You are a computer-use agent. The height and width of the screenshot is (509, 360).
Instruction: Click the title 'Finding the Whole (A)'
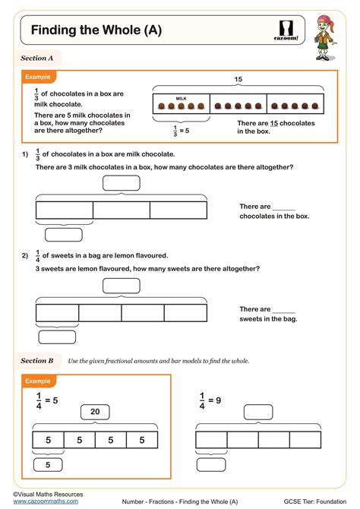pyautogui.click(x=96, y=30)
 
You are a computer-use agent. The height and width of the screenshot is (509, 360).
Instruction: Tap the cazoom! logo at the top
pyautogui.click(x=286, y=28)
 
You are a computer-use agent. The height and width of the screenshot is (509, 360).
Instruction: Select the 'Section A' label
pyautogui.click(x=37, y=58)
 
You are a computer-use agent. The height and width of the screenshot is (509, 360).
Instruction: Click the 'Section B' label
pyautogui.click(x=37, y=361)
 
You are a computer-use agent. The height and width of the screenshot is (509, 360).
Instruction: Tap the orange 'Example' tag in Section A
pyautogui.click(x=37, y=77)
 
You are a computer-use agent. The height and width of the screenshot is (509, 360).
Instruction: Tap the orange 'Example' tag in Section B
pyautogui.click(x=37, y=380)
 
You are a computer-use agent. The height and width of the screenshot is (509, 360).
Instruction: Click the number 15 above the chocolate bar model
pyautogui.click(x=237, y=80)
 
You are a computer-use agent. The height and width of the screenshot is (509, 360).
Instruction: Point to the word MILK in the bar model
pyautogui.click(x=181, y=98)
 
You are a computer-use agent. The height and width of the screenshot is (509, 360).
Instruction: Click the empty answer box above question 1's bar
pyautogui.click(x=122, y=182)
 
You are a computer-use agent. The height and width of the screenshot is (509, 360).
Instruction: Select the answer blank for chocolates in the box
pyautogui.click(x=283, y=207)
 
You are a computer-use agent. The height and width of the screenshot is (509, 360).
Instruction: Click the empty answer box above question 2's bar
pyautogui.click(x=122, y=286)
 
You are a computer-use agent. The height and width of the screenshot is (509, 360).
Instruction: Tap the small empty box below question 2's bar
pyautogui.click(x=57, y=337)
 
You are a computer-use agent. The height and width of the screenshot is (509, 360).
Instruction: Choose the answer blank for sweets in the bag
pyautogui.click(x=283, y=309)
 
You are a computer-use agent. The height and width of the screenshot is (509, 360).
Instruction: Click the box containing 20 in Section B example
pyautogui.click(x=95, y=413)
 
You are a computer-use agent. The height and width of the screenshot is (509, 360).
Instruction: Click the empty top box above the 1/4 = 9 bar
pyautogui.click(x=258, y=413)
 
